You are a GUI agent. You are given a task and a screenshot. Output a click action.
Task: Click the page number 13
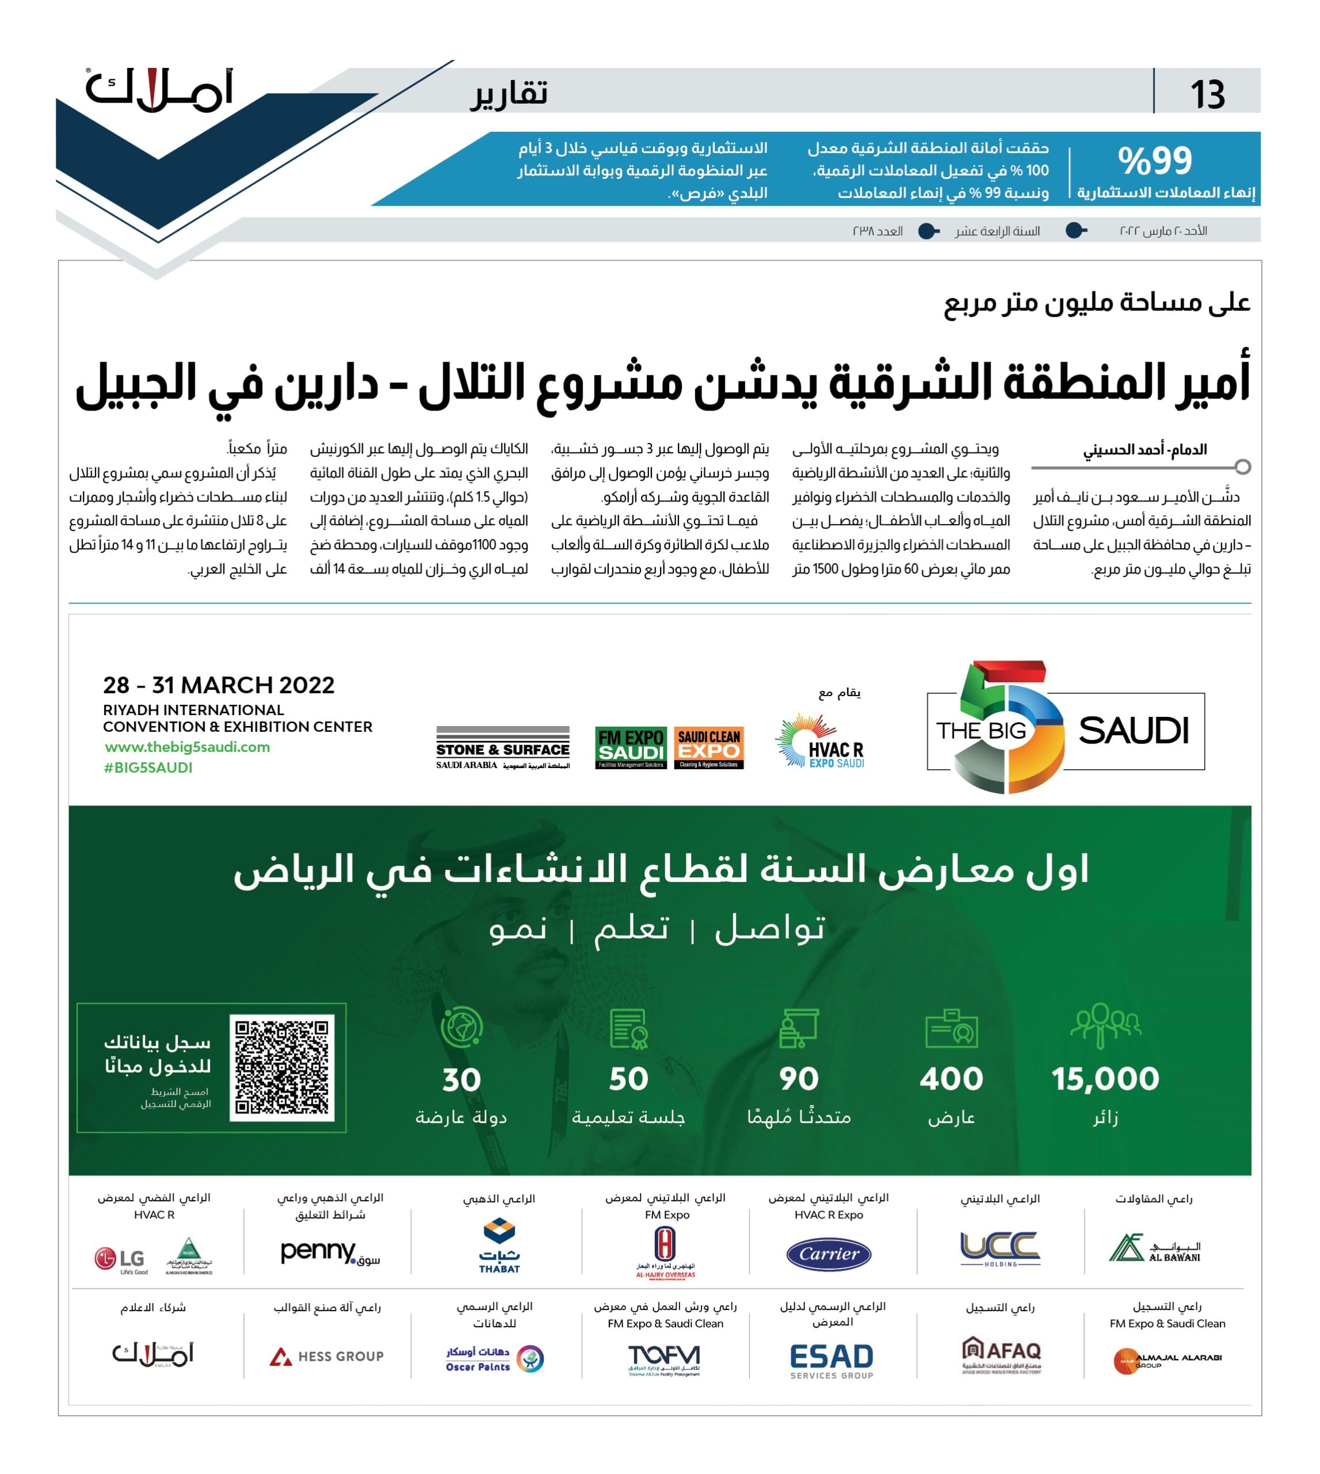coord(1207,94)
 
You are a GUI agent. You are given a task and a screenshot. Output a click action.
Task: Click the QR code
coord(282,1067)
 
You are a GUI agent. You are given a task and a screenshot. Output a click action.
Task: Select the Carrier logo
coord(829,1253)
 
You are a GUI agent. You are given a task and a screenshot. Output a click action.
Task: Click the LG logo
coord(120,1259)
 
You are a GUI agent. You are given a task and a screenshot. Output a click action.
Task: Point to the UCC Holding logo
coord(1000,1248)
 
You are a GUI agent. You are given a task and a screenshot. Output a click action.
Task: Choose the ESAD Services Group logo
coord(831,1360)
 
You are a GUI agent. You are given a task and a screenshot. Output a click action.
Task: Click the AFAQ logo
coord(1001,1354)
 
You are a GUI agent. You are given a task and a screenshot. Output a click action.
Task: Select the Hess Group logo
coord(327,1356)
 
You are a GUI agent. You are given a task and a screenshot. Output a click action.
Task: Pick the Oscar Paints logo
coord(495,1358)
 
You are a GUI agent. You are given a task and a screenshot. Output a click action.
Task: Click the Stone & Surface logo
coord(503,747)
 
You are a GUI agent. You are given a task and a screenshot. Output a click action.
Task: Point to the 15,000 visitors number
coord(1105,1079)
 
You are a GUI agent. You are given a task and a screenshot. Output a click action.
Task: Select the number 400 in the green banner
coord(951,1079)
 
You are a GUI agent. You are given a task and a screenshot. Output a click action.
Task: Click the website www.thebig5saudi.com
coord(187,747)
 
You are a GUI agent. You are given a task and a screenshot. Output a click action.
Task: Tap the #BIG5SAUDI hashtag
coord(148,767)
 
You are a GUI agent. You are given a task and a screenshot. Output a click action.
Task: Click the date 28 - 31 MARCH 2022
coord(218,685)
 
